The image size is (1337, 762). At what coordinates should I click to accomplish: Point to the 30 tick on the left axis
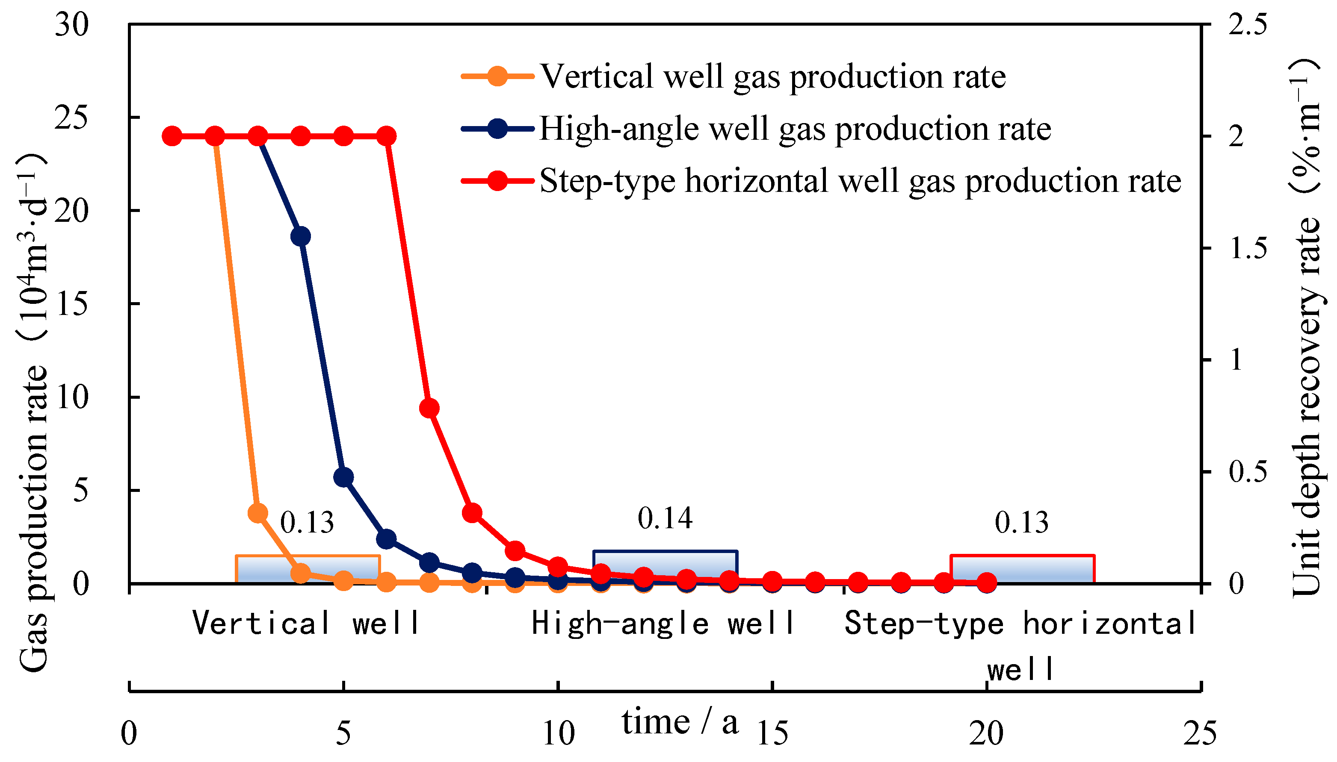coord(72,25)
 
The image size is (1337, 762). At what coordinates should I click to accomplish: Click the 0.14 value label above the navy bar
coord(665,518)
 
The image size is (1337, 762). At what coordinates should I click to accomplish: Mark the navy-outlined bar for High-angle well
coord(665,567)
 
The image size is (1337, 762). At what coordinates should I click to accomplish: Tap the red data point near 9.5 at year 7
coord(429,408)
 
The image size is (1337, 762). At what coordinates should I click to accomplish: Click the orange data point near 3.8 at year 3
coord(257,513)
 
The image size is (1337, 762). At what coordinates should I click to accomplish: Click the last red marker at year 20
coord(987,582)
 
